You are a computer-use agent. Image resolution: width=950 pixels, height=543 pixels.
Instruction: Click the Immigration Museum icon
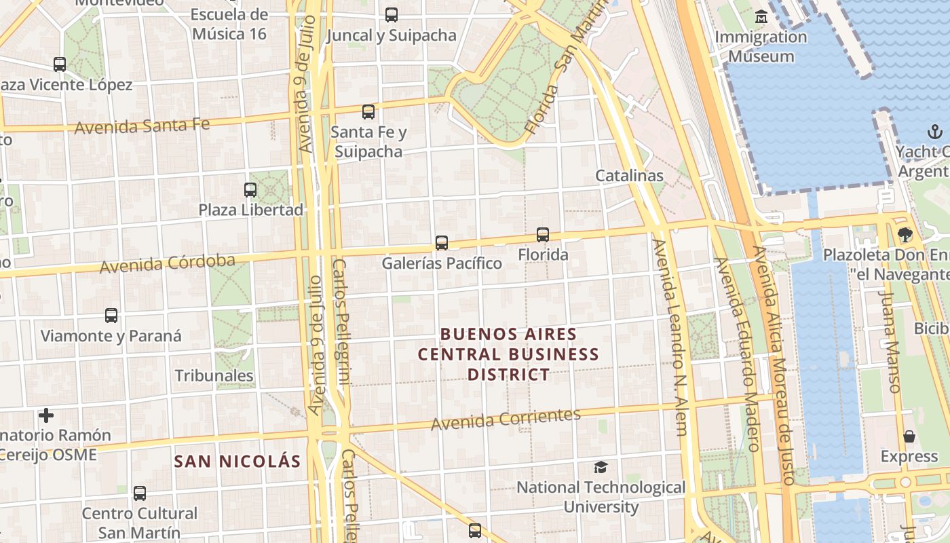click(x=761, y=17)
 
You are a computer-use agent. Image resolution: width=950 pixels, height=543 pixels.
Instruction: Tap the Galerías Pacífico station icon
click(x=442, y=243)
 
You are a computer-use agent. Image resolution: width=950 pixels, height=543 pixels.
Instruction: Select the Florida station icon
click(x=543, y=235)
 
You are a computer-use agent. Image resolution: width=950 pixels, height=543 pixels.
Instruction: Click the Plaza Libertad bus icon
click(x=250, y=190)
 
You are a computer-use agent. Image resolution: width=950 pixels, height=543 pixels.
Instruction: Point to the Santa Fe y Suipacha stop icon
click(x=368, y=112)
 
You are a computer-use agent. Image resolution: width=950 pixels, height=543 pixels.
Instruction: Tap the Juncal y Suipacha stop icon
click(x=391, y=14)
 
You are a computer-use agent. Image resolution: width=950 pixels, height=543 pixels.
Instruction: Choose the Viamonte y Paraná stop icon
click(x=111, y=316)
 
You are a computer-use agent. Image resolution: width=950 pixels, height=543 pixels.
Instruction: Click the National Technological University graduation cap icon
click(x=601, y=467)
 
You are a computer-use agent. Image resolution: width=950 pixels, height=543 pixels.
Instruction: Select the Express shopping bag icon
click(x=909, y=436)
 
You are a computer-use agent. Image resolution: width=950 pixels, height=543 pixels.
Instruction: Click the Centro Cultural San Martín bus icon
click(x=140, y=493)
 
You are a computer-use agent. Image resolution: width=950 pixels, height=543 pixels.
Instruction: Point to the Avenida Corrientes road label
click(x=506, y=419)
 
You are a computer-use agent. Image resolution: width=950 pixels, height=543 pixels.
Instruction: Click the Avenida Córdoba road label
click(x=168, y=263)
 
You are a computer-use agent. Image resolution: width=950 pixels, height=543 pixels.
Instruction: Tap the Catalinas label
click(x=629, y=175)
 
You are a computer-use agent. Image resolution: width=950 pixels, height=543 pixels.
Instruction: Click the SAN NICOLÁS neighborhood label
click(x=237, y=462)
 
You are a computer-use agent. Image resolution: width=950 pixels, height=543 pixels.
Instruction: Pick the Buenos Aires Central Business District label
click(x=508, y=354)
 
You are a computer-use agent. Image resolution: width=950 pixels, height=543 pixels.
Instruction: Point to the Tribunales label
click(x=214, y=375)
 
